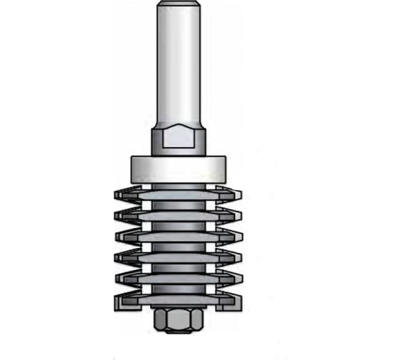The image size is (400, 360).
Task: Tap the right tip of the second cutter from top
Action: [241, 214]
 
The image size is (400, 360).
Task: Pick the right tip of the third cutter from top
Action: [241, 234]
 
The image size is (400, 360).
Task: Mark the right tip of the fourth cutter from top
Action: [241, 254]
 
